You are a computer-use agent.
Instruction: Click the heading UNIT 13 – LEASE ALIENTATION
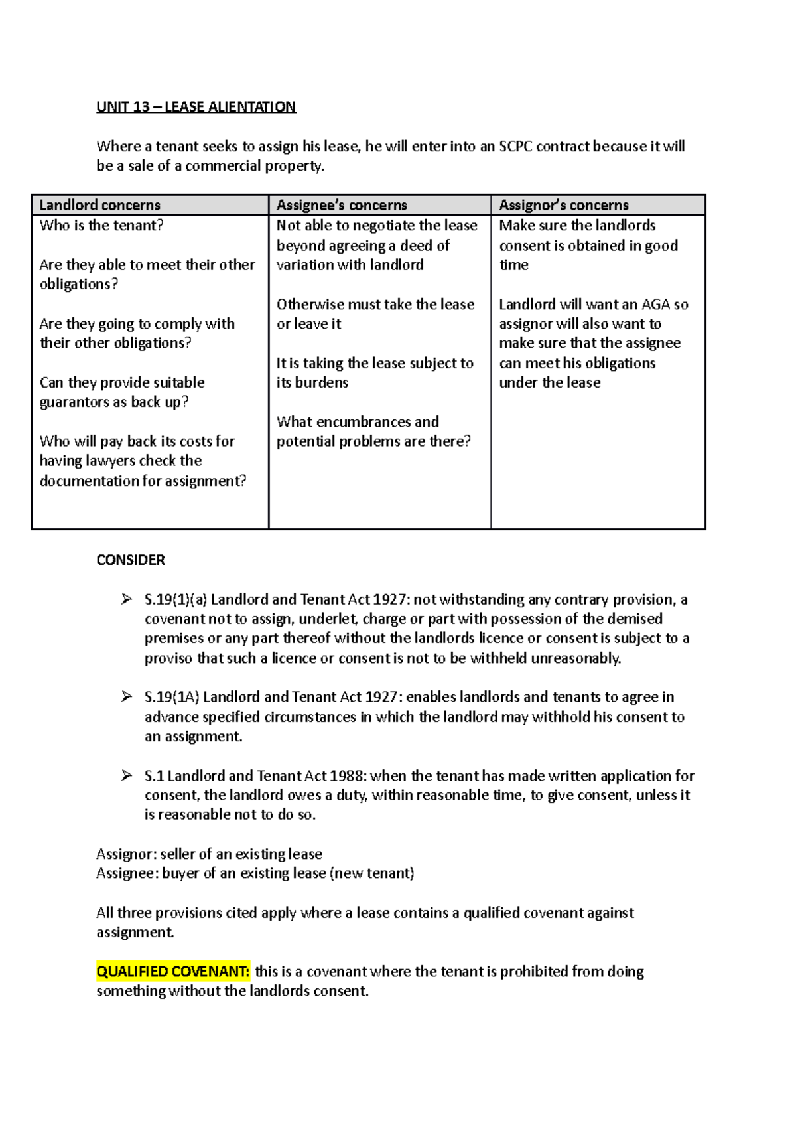196,107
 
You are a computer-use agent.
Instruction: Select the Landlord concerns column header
99,205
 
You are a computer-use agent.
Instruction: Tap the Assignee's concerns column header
342,205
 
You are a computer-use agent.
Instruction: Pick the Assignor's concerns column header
564,205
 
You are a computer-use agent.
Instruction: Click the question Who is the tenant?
101,226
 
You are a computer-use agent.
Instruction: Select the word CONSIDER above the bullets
131,560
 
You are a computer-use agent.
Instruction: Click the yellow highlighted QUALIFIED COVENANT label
172,972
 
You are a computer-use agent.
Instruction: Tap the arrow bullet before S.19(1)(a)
127,599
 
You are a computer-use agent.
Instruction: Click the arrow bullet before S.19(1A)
127,697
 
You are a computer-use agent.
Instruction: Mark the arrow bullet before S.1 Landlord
127,776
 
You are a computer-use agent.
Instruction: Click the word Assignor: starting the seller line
126,854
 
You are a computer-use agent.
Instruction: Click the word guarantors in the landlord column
74,402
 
